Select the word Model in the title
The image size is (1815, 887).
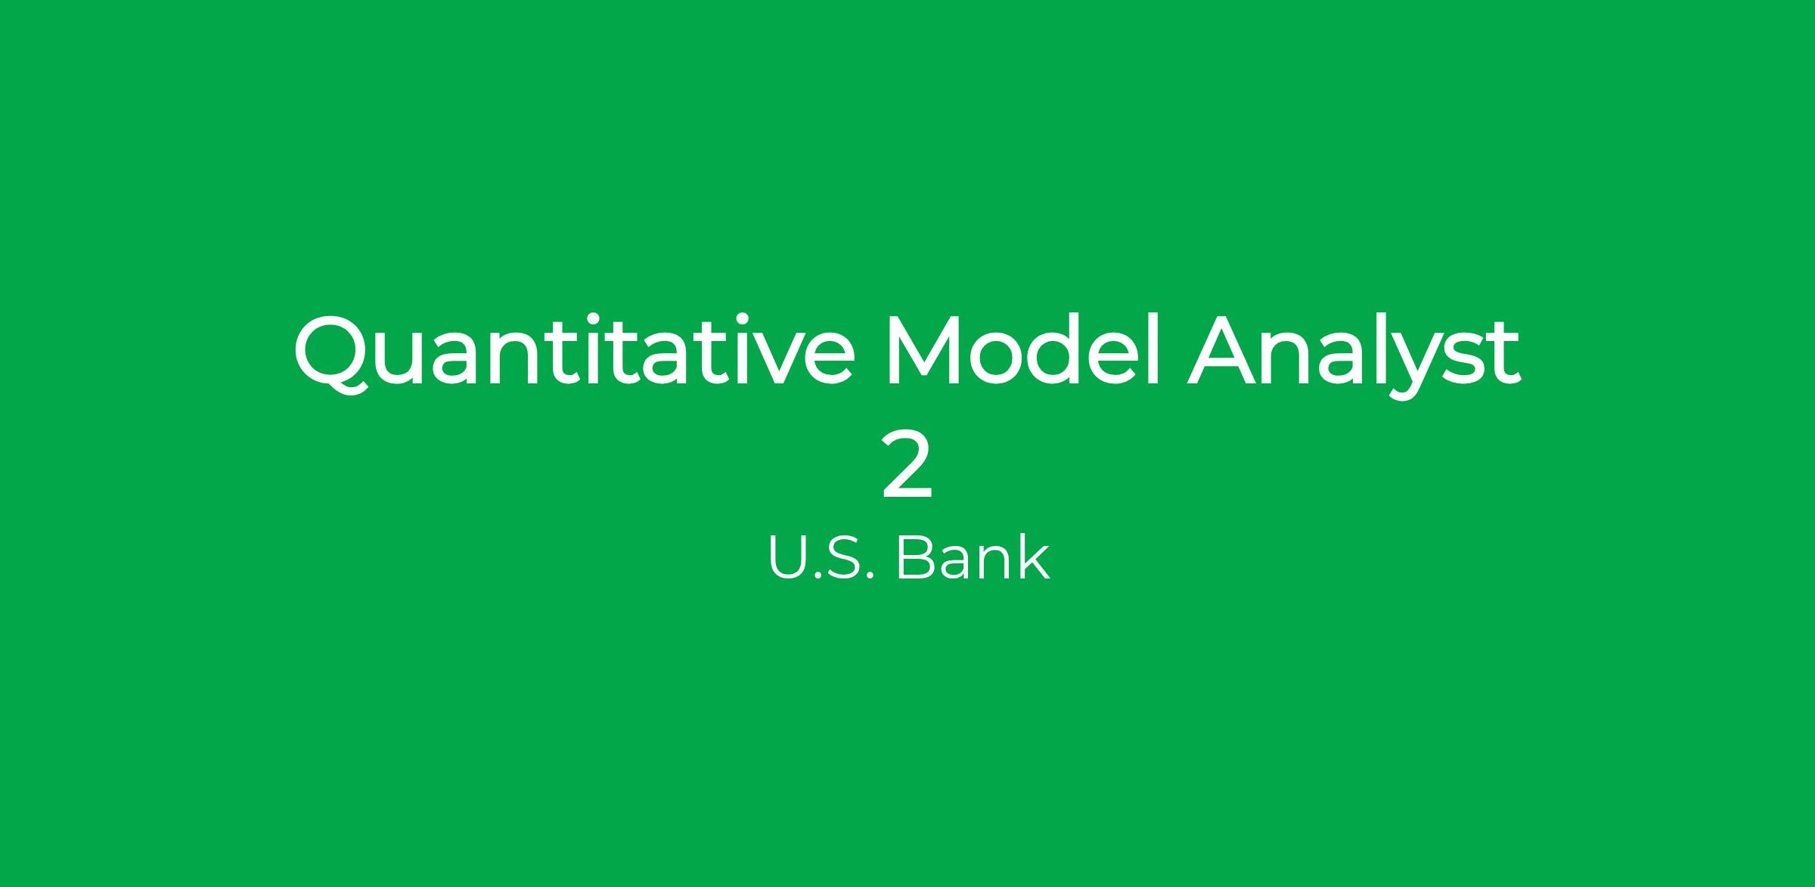coord(1022,349)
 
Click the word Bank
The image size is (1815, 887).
coord(973,558)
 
